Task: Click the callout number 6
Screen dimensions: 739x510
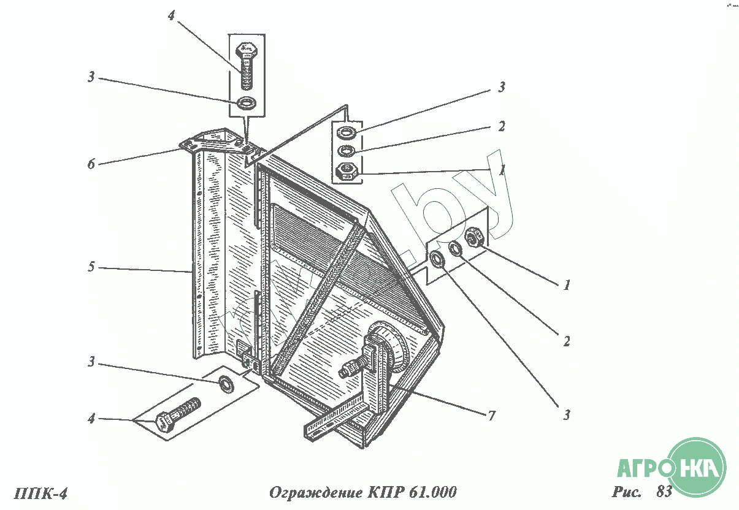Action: [91, 164]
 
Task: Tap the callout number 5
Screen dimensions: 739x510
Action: [91, 268]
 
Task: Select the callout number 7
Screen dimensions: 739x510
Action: [491, 416]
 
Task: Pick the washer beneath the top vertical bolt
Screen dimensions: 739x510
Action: [247, 102]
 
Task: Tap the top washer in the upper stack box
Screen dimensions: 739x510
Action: [347, 132]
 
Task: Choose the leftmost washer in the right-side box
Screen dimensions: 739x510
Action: [438, 259]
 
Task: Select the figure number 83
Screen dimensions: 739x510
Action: [664, 491]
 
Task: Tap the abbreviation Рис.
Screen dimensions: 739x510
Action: [626, 491]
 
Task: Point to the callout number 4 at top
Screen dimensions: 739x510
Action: [172, 17]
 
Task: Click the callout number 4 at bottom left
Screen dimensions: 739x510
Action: [91, 419]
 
